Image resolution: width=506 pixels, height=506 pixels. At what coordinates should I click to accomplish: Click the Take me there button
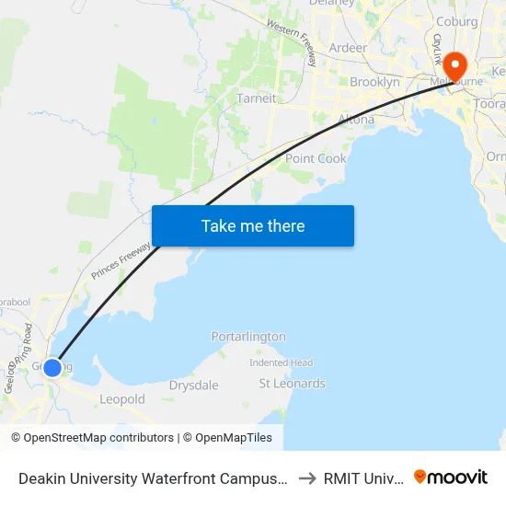tap(253, 226)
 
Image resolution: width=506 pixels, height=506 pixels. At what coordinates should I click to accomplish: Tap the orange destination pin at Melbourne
tap(454, 66)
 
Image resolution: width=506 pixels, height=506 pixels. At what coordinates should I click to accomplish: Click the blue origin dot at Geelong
tap(52, 367)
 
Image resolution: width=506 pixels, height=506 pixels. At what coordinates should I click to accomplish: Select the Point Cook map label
tap(316, 158)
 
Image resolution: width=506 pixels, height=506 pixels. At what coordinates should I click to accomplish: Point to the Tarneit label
tap(256, 98)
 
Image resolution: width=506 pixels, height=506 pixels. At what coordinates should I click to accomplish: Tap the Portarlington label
tap(248, 337)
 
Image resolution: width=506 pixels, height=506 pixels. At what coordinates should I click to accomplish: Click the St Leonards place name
tap(292, 384)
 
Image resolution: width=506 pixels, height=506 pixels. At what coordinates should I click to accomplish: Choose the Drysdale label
tap(193, 385)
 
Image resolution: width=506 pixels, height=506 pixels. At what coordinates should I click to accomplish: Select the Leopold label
tap(122, 399)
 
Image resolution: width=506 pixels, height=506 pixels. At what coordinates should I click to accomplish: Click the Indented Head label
tap(282, 362)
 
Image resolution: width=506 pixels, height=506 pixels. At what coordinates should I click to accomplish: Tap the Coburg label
tap(457, 22)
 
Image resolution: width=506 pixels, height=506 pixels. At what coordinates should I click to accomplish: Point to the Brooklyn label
tap(374, 82)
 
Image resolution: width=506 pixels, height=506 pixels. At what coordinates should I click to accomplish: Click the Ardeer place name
tap(348, 48)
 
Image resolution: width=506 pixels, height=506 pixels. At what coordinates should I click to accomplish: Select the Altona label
tap(356, 120)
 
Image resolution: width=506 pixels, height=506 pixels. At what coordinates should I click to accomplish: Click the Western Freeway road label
tap(293, 42)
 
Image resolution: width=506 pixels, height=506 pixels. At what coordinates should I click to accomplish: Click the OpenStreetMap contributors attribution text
tap(93, 438)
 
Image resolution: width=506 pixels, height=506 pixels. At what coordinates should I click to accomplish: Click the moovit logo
tap(451, 477)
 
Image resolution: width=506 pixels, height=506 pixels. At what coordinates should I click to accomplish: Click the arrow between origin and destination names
tap(307, 478)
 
